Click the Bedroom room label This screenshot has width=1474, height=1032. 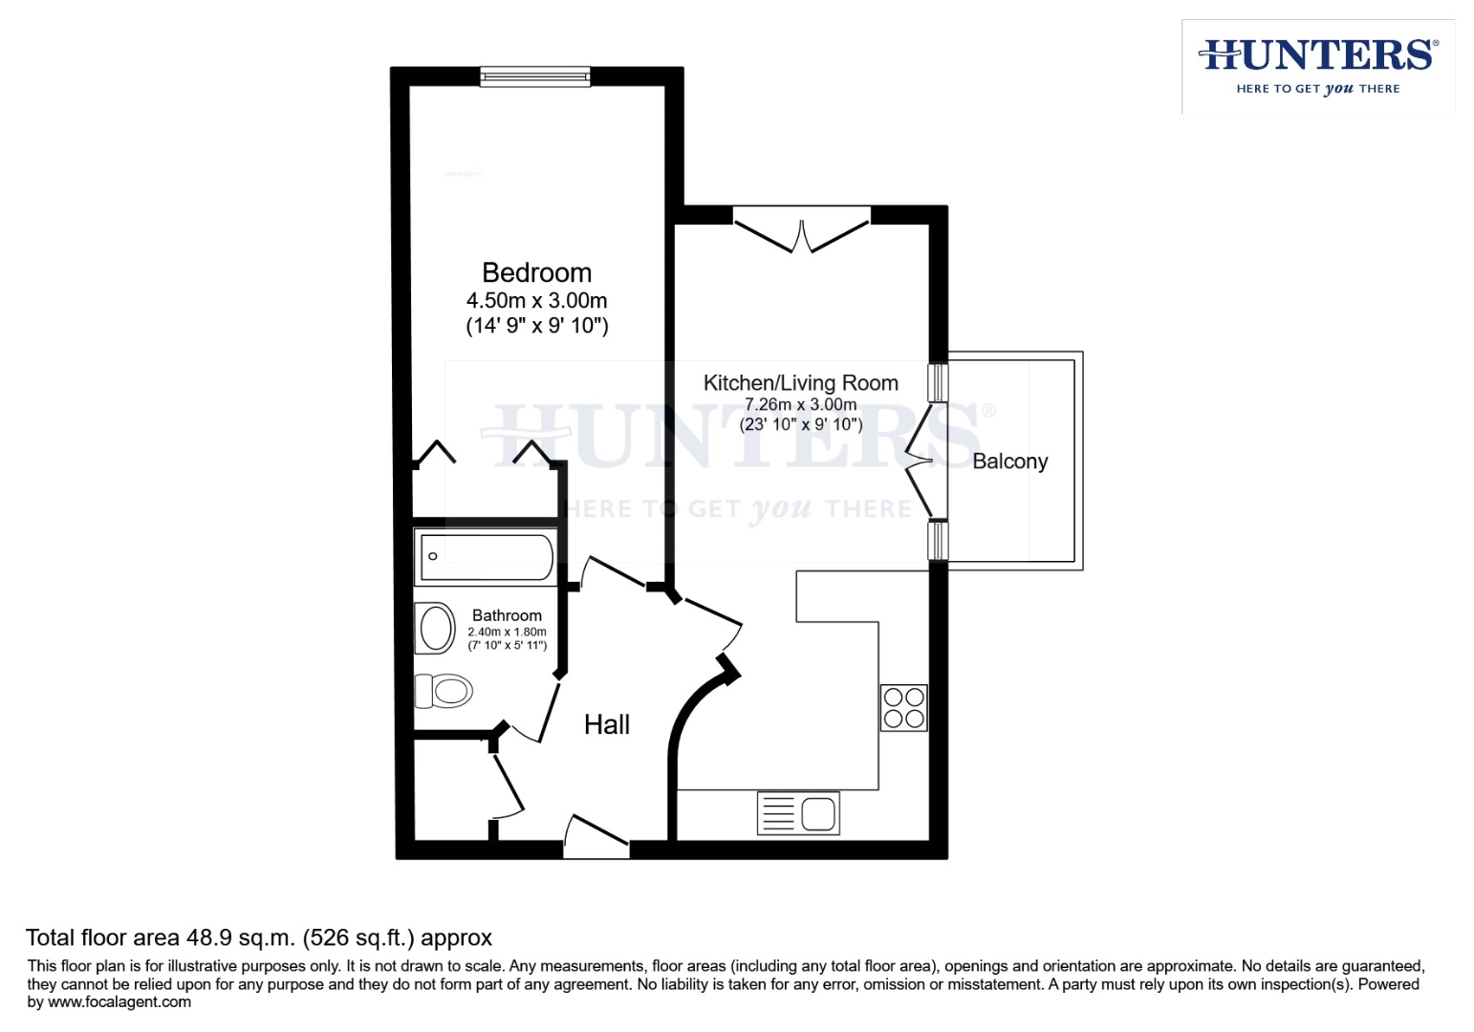[x=536, y=273]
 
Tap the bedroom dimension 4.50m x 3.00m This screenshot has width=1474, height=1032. [x=536, y=300]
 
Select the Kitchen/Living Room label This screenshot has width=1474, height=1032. [x=800, y=383]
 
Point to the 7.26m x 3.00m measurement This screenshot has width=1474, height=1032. [x=800, y=404]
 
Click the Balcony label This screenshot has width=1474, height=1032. [x=1009, y=462]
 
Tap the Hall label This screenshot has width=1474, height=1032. [x=606, y=725]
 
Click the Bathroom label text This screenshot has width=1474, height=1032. [x=507, y=616]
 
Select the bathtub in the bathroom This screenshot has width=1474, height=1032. [x=486, y=557]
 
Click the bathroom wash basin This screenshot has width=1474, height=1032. [x=436, y=629]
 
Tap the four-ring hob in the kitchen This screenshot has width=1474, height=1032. [x=903, y=708]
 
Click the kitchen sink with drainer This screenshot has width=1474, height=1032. [x=798, y=813]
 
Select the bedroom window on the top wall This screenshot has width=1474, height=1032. [x=534, y=76]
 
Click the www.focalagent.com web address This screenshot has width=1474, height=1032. [x=119, y=1002]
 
